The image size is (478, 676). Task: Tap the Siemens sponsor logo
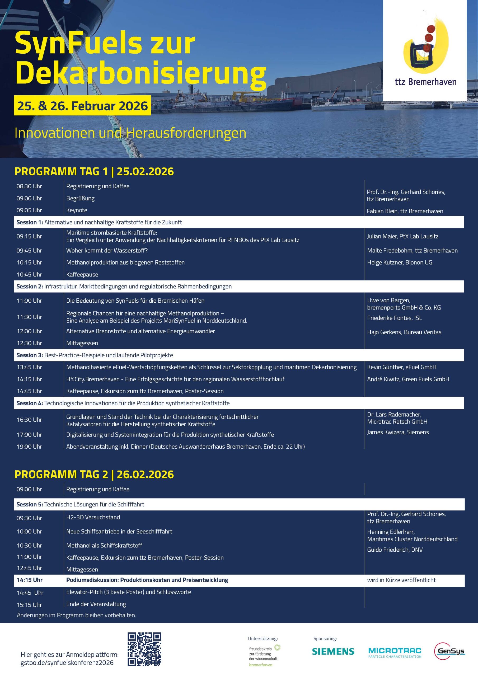pos(333,651)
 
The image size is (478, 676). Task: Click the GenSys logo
pos(449,651)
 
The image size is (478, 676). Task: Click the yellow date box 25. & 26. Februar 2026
pos(82,106)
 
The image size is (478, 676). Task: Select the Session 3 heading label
pos(30,355)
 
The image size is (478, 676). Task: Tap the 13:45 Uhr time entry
pos(29,367)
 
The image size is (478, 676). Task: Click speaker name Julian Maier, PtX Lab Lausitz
pos(402,236)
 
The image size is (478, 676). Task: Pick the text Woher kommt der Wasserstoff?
pos(107,251)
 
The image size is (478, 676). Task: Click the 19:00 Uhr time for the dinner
pos(29,446)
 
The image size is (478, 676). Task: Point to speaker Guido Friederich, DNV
pos(395,550)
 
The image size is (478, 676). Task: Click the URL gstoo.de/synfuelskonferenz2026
pos(67,663)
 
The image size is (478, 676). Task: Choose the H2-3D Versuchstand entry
pos(93,517)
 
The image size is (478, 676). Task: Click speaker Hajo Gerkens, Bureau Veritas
pos(404,332)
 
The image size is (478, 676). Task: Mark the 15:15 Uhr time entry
pos(29,605)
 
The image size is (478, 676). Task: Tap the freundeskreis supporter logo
pos(264,655)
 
